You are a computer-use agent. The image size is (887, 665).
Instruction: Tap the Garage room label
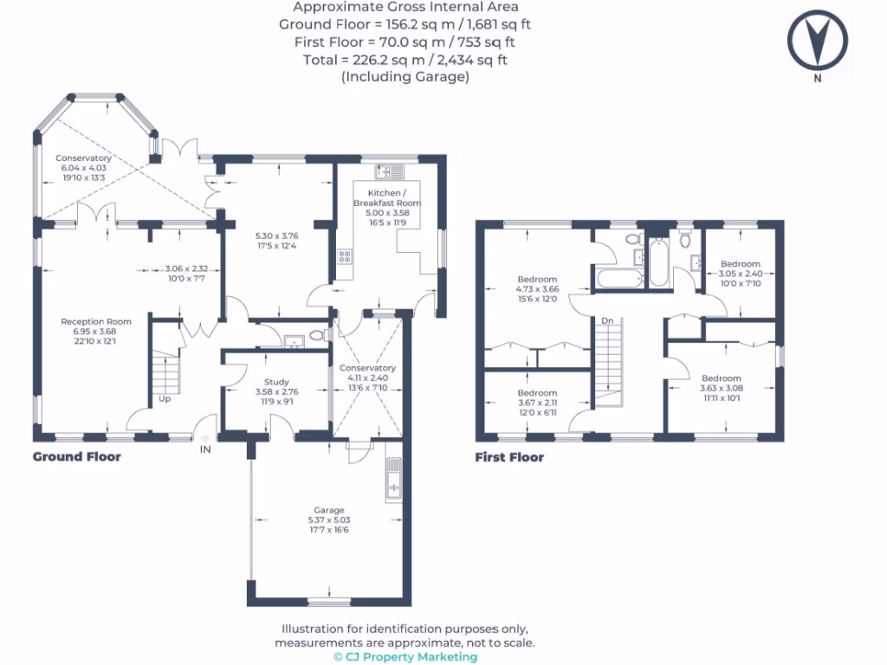coord(329,510)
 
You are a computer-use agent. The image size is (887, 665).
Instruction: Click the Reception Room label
coord(83,322)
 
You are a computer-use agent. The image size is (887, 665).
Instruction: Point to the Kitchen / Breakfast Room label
coord(385,197)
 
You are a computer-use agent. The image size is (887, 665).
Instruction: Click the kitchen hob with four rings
coord(345,256)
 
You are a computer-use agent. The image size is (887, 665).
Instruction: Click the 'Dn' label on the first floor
coord(607,321)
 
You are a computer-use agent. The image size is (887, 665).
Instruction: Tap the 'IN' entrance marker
coord(205,450)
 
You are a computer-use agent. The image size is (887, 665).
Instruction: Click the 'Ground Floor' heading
coord(77,456)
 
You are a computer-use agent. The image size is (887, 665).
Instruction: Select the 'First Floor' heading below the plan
coord(509,457)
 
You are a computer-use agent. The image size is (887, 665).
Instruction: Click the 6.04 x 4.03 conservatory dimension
coord(83,168)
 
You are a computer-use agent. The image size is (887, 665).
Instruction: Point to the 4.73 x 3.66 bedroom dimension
coord(537,289)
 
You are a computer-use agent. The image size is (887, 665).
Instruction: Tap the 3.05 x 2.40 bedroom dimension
coord(740,274)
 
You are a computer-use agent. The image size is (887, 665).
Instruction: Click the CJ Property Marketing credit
coord(405,656)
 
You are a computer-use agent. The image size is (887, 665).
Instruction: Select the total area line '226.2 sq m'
coord(405,60)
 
